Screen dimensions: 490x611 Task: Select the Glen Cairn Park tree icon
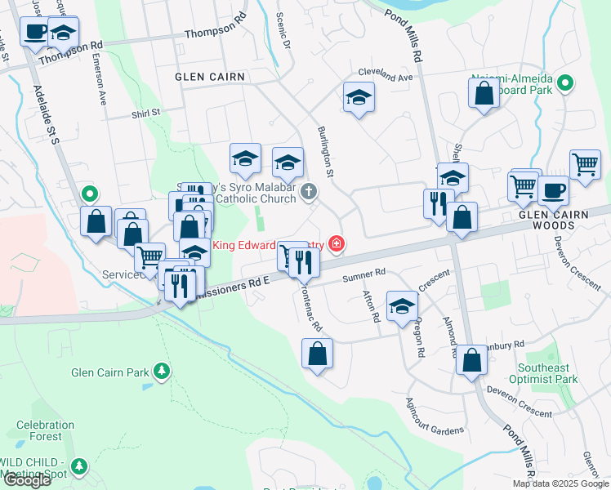coord(163,372)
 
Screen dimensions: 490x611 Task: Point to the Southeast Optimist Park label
coord(543,373)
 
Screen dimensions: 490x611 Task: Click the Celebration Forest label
coord(46,430)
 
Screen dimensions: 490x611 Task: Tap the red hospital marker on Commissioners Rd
coord(335,243)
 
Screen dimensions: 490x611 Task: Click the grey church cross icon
coord(308,193)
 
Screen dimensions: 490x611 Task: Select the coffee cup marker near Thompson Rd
coord(34,32)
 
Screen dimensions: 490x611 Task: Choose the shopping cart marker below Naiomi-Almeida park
coord(585,165)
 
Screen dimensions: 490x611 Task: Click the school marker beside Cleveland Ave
coord(358,97)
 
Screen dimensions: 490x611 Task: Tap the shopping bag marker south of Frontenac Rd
coord(317,354)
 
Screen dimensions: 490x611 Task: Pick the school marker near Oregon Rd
coord(402,306)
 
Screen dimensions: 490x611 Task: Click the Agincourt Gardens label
coord(434,417)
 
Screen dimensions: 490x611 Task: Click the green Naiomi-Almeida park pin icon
coord(564,82)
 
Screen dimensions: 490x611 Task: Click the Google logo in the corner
coord(27,480)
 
